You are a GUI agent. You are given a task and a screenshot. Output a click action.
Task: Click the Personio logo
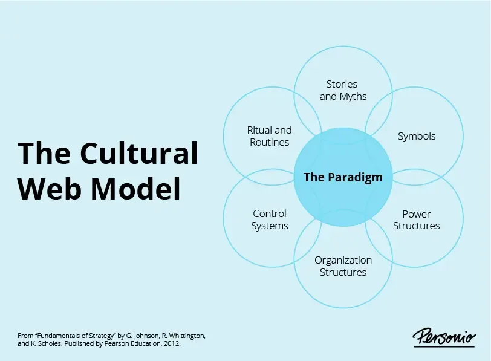(444, 337)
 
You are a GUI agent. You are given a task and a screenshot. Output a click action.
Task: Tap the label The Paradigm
(343, 177)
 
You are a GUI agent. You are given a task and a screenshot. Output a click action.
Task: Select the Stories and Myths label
(342, 90)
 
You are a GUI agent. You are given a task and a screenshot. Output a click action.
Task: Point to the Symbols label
(417, 136)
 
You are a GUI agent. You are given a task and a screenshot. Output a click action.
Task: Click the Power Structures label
(417, 220)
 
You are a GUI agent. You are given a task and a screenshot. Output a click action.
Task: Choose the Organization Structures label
(343, 266)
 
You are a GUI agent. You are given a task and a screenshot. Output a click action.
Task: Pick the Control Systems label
(270, 220)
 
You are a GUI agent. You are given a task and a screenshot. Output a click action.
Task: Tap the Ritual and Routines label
(269, 136)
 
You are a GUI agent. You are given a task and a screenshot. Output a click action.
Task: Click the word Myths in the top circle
(353, 96)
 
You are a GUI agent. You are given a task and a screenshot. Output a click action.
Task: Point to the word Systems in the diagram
(270, 226)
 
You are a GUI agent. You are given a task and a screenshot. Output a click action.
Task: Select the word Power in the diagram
(417, 213)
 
